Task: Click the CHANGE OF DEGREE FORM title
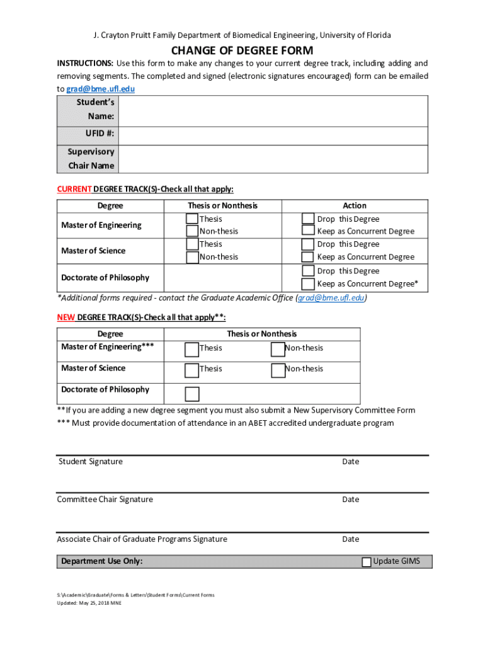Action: [x=242, y=50]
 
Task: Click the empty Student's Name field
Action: [x=273, y=110]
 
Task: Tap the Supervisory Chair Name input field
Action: [x=273, y=158]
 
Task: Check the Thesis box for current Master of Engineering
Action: [x=191, y=219]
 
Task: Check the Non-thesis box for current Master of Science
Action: [x=191, y=257]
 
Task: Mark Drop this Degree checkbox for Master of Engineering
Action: [x=307, y=219]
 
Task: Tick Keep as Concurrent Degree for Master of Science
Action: [x=307, y=257]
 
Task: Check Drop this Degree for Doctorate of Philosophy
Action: [x=307, y=271]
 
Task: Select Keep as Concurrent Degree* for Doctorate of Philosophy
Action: [x=307, y=284]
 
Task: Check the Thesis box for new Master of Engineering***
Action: [x=191, y=349]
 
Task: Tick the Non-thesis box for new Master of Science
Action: [x=278, y=370]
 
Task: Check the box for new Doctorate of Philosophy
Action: [x=191, y=394]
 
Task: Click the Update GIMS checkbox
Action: [x=367, y=562]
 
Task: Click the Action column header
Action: [x=354, y=205]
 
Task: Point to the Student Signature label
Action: [x=91, y=462]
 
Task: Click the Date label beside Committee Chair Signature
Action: [x=350, y=499]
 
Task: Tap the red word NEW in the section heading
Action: [x=66, y=317]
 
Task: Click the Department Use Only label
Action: [x=101, y=561]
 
